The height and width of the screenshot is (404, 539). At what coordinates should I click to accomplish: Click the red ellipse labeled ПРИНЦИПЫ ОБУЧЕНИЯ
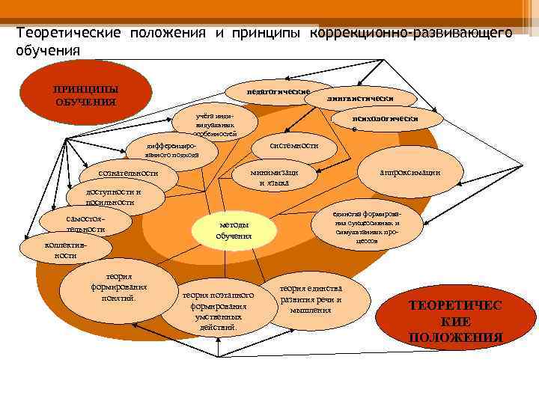pyautogui.click(x=86, y=96)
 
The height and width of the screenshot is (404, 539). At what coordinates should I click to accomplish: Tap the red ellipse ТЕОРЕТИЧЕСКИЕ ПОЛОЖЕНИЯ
pyautogui.click(x=455, y=322)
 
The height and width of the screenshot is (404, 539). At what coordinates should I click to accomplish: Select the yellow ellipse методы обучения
pyautogui.click(x=234, y=230)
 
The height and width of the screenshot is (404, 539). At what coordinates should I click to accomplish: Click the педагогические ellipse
pyautogui.click(x=278, y=92)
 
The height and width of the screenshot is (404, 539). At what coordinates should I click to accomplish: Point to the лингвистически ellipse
pyautogui.click(x=361, y=98)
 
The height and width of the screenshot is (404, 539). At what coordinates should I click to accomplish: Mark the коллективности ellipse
pyautogui.click(x=66, y=249)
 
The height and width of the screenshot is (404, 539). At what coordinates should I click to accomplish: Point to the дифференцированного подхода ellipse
pyautogui.click(x=172, y=150)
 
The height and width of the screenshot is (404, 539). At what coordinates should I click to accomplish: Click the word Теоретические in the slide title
pyautogui.click(x=69, y=34)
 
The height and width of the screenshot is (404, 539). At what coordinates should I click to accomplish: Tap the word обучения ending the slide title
pyautogui.click(x=58, y=50)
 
